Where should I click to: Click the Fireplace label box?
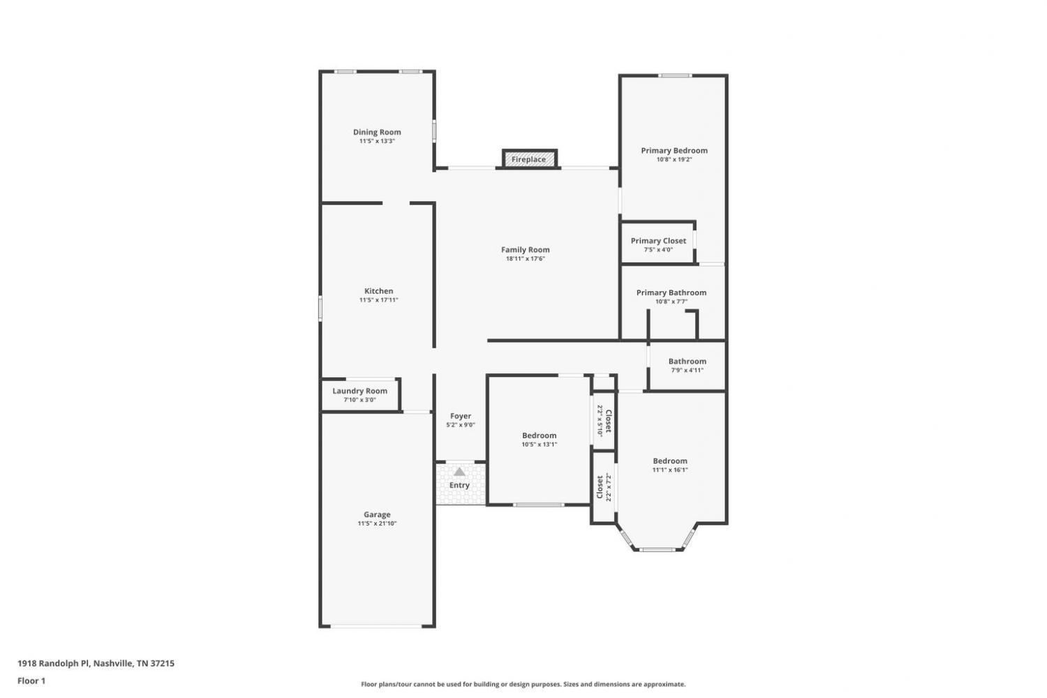click(x=530, y=158)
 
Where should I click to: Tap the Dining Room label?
click(x=377, y=132)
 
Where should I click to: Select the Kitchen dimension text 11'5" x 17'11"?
click(x=378, y=300)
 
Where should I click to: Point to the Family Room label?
click(x=526, y=250)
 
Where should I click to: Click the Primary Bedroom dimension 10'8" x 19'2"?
click(x=674, y=159)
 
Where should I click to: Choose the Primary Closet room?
click(x=658, y=243)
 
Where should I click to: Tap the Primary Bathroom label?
click(x=671, y=292)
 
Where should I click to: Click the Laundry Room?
click(x=360, y=395)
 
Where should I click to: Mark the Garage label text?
click(x=377, y=514)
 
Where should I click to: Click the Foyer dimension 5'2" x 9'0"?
click(x=461, y=425)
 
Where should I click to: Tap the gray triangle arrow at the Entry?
click(x=459, y=472)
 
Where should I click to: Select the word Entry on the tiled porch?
click(x=459, y=485)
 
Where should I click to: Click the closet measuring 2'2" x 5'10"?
click(x=604, y=420)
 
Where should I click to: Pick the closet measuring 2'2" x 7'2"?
click(x=604, y=487)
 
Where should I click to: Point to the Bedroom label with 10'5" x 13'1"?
click(x=540, y=436)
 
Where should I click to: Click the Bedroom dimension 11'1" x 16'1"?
click(x=670, y=470)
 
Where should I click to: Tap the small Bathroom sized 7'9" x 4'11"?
click(x=687, y=366)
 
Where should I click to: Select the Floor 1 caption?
click(x=31, y=681)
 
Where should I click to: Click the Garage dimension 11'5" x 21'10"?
click(x=377, y=523)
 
